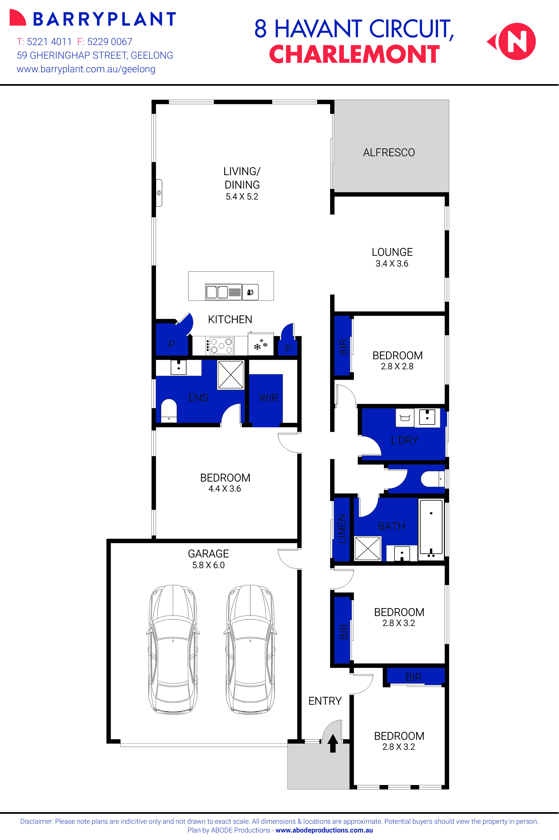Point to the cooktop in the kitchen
220,345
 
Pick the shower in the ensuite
231,375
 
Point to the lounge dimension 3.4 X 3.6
392,264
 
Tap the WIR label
268,398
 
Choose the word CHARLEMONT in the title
354,55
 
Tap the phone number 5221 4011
49,42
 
